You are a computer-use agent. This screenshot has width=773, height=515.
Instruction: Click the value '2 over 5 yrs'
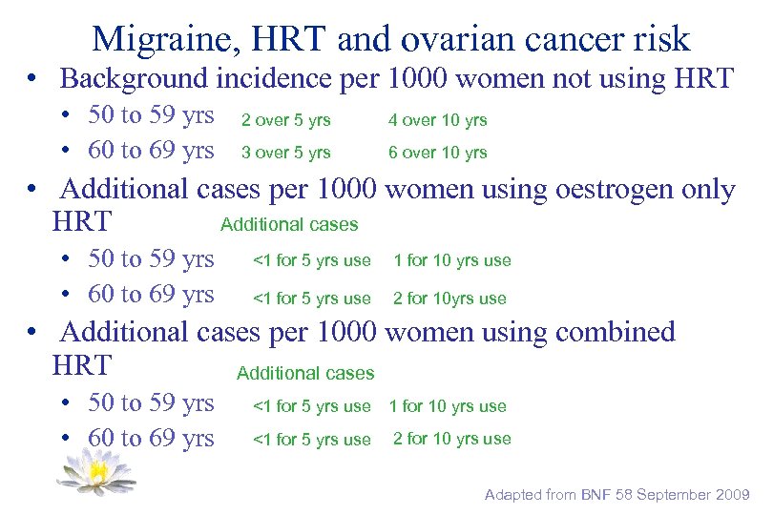click(x=285, y=120)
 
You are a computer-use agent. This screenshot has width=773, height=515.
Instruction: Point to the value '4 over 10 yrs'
click(x=437, y=120)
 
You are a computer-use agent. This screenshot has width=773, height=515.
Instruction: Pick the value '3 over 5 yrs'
click(x=285, y=153)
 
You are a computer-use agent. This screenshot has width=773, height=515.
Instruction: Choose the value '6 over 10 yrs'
click(x=437, y=153)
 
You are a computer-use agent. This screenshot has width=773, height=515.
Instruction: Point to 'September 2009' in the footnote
click(x=697, y=494)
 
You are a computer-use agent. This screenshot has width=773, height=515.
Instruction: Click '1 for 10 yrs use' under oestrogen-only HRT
click(x=451, y=260)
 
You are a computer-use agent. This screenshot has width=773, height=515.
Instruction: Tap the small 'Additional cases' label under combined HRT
click(x=305, y=373)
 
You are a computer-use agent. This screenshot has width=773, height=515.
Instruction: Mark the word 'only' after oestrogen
click(x=708, y=190)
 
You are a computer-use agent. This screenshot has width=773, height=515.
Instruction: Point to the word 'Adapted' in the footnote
click(x=513, y=494)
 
